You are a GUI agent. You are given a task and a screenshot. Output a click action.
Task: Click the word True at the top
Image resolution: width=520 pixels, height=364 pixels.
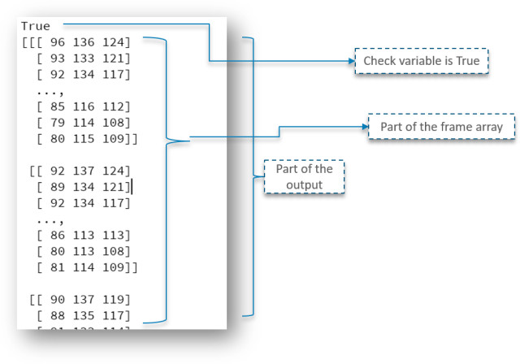[x=36, y=26]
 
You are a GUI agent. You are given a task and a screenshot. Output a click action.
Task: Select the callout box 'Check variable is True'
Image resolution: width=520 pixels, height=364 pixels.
[x=422, y=61]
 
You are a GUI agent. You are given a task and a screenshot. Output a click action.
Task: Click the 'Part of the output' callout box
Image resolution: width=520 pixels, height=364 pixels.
[x=304, y=175]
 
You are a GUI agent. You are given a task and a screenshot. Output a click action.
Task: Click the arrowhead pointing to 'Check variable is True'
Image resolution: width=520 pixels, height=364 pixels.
[x=351, y=61]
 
